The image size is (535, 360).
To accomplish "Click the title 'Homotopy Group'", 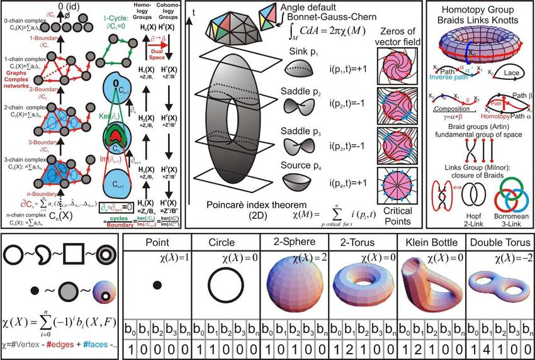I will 480,11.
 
